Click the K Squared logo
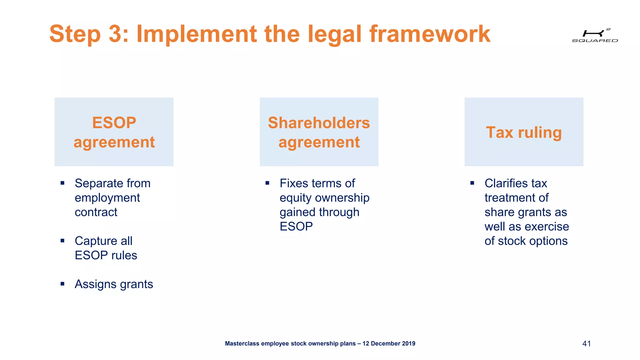(595, 35)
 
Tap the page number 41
(587, 344)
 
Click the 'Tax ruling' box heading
(524, 132)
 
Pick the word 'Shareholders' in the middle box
(319, 122)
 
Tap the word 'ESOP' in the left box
(114, 122)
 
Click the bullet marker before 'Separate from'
(62, 183)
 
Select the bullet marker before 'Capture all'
(62, 241)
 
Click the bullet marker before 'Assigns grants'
(62, 284)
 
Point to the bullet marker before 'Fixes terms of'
(267, 183)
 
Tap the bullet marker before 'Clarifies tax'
(472, 183)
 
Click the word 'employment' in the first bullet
(107, 198)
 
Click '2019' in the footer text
(408, 344)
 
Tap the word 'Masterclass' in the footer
(242, 344)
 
